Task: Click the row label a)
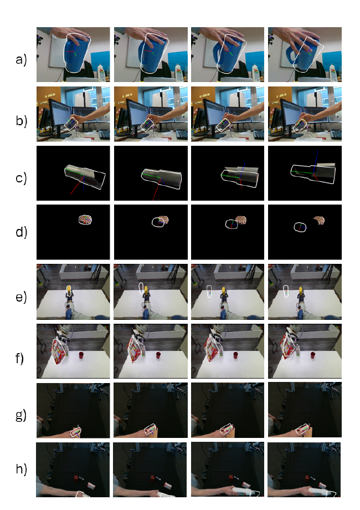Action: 22,60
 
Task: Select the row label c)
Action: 22,178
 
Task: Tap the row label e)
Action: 22,297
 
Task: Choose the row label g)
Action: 22,415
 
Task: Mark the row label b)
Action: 22,121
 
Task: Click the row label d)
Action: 22,232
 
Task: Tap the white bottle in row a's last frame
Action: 333,73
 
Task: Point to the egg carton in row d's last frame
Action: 319,221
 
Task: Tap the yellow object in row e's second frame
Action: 146,289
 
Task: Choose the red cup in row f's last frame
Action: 313,354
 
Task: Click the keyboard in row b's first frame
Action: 104,135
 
